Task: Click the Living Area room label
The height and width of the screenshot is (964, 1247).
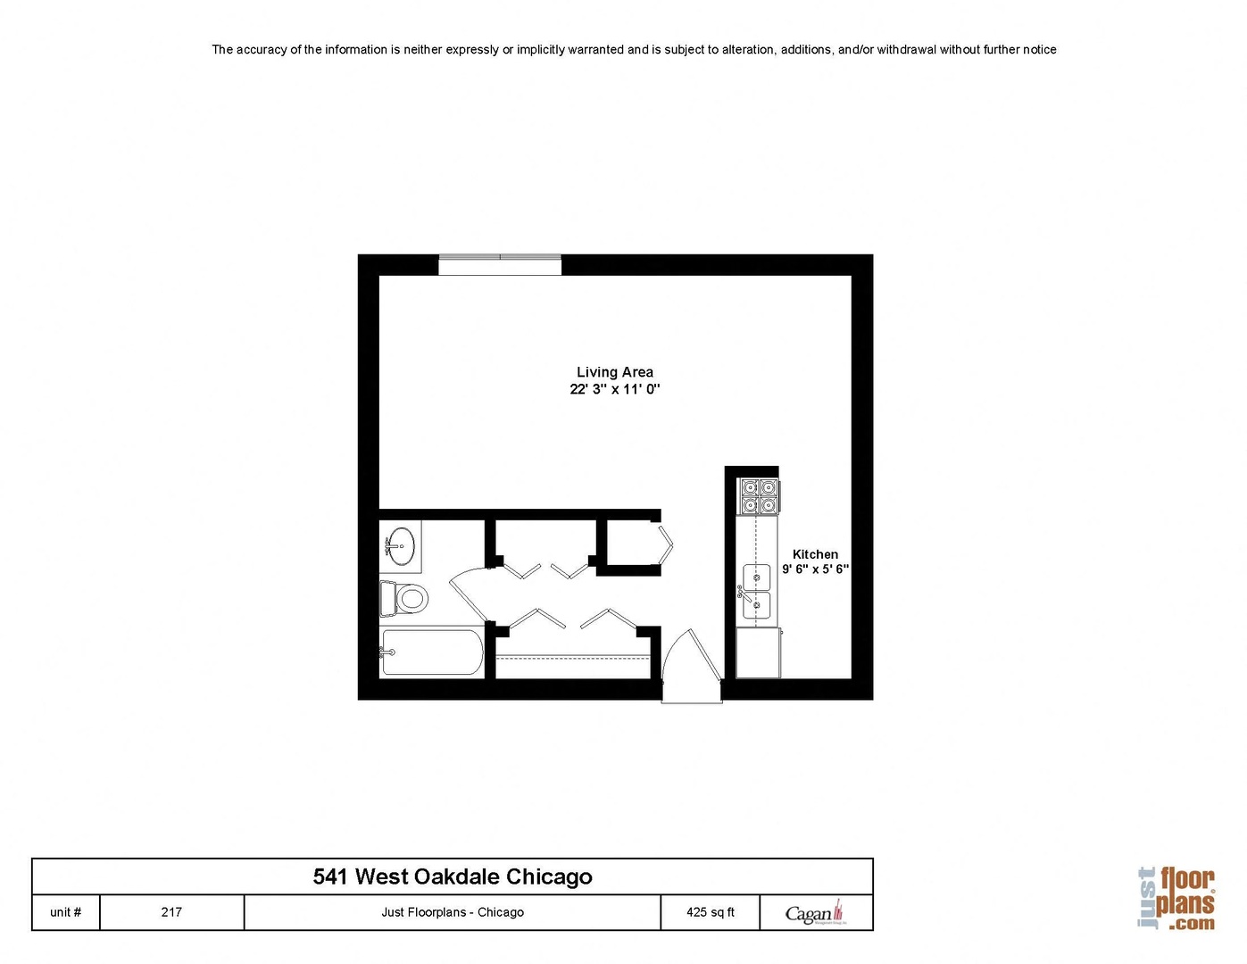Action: click(x=614, y=372)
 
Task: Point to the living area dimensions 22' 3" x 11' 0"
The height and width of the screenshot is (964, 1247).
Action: click(x=614, y=389)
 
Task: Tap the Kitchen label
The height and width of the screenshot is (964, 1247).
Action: click(x=815, y=554)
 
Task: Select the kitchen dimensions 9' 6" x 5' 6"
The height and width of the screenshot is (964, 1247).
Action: click(x=815, y=569)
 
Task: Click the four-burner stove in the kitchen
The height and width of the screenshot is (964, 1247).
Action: click(x=759, y=496)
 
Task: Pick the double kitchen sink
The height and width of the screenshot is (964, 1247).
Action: click(x=756, y=591)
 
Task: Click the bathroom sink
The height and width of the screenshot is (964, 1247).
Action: click(x=400, y=545)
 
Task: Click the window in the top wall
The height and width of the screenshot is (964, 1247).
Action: click(x=500, y=264)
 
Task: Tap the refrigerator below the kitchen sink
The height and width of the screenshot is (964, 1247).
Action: click(x=758, y=652)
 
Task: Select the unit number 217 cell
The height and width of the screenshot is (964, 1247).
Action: click(x=171, y=912)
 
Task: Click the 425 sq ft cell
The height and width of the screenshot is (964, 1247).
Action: click(x=711, y=912)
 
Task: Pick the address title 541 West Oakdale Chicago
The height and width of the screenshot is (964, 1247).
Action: click(x=453, y=877)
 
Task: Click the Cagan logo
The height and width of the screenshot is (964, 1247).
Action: click(x=814, y=913)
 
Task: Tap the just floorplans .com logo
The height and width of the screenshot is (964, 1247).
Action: click(x=1177, y=899)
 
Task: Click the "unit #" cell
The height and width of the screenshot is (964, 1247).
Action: click(x=66, y=912)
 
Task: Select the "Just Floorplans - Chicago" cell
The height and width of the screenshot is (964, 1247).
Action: click(x=453, y=912)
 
